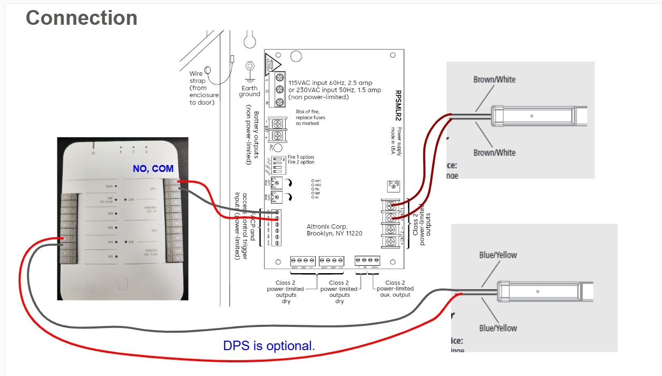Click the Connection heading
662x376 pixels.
[81, 18]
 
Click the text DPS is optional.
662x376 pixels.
[269, 346]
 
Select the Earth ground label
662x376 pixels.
[249, 91]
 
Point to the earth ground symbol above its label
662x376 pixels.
[249, 68]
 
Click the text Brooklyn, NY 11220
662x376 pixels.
[334, 234]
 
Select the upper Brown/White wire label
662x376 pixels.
[494, 80]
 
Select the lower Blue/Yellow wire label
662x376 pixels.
[498, 328]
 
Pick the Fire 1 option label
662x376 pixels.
[300, 157]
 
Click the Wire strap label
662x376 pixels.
[197, 77]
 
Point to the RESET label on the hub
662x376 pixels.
[109, 186]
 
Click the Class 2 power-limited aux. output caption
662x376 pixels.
[395, 289]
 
